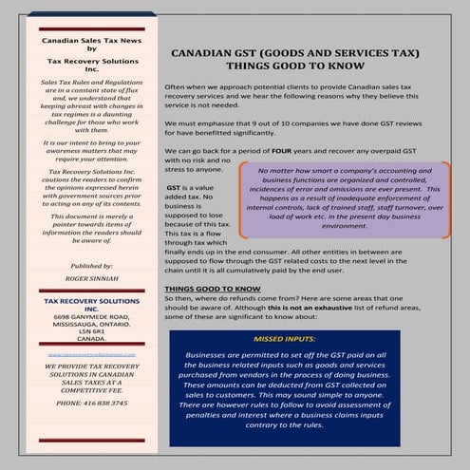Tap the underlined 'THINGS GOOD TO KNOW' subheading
213,287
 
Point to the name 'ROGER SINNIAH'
92,280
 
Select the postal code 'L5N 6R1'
91,329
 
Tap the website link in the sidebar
92,354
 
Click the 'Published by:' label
92,267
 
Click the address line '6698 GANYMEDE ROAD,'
92,314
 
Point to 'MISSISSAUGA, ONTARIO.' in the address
92,322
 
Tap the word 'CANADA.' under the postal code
92,337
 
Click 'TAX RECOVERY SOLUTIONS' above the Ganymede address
92,300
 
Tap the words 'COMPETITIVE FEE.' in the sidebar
92,387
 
